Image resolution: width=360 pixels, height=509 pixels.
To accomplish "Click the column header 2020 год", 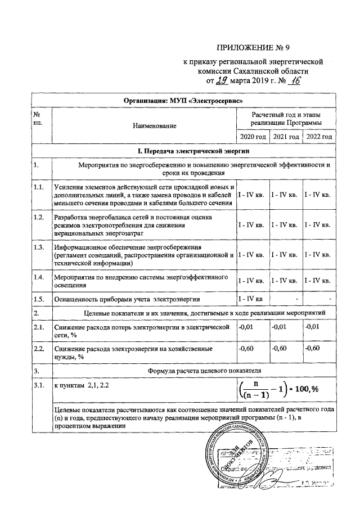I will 252,137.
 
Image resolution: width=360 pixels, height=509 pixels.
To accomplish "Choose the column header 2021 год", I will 285,137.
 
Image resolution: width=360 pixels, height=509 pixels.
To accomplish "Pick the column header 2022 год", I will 318,137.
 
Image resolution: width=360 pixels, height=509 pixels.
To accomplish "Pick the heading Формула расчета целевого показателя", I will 193,371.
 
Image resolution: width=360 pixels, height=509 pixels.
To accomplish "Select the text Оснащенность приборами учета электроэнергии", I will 127,299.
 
